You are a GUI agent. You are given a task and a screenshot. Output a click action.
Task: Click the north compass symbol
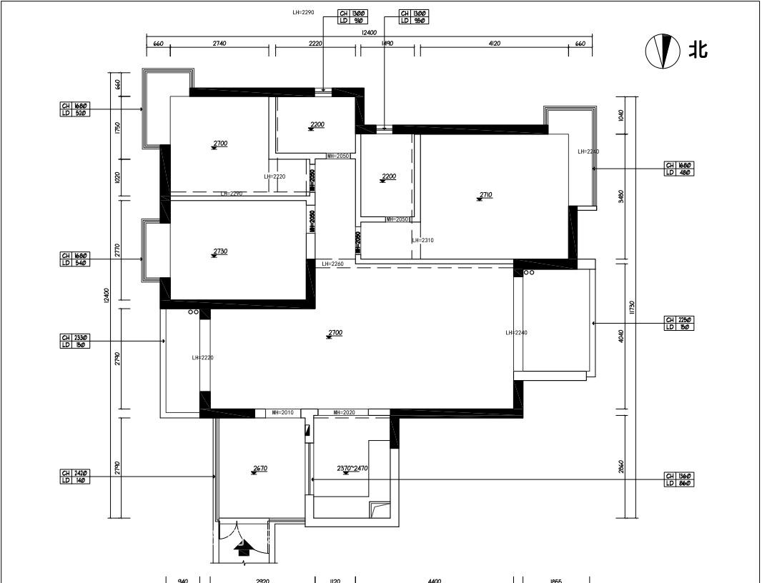pos(663,51)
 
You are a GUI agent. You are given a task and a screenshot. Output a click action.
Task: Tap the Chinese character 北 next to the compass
pos(698,50)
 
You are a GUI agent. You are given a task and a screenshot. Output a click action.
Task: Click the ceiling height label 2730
pos(220,251)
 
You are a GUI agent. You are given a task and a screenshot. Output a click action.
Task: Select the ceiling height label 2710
pos(486,194)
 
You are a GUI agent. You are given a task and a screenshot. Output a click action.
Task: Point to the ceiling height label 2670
pos(259,469)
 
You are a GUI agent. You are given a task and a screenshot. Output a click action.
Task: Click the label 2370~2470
pos(352,469)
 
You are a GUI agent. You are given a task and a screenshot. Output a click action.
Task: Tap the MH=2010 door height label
pos(282,412)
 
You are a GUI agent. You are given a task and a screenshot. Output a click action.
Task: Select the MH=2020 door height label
pos(344,412)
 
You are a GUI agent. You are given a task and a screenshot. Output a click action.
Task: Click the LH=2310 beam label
pos(422,241)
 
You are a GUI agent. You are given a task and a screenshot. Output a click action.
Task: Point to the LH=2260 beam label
pos(332,264)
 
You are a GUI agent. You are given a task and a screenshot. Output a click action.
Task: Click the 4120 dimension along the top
pos(494,44)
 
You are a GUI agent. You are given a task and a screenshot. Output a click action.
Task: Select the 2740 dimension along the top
pos(219,44)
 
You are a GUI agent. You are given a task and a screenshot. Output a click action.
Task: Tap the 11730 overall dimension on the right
pos(631,307)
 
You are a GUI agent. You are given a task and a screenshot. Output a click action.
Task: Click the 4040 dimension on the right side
pos(620,337)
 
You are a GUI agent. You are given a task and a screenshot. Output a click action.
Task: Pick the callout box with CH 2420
pos(75,477)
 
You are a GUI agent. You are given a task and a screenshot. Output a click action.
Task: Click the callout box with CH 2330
pos(75,342)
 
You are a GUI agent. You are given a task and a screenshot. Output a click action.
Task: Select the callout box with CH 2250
pos(679,323)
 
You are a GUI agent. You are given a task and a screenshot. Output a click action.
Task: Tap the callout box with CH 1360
pos(679,479)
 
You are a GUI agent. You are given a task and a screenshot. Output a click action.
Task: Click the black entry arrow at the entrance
pos(242,547)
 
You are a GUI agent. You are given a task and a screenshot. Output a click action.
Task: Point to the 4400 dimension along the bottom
pos(435,580)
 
